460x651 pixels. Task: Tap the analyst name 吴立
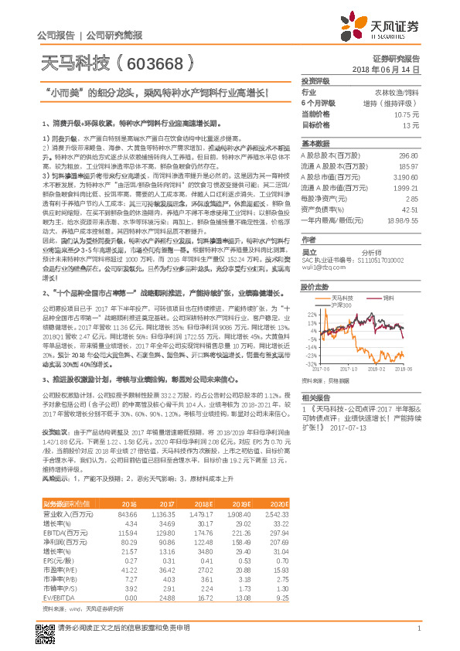(308, 251)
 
